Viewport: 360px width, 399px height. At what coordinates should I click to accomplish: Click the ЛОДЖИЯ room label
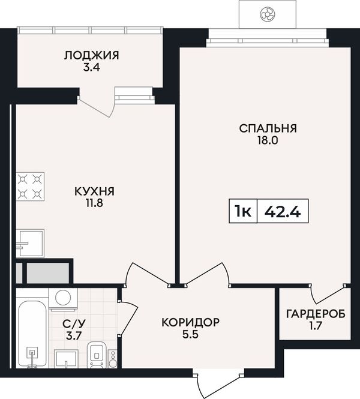[91, 55]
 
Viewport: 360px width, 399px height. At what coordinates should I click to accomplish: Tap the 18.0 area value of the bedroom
[268, 140]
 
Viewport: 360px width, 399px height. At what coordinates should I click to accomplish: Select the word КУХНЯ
[95, 191]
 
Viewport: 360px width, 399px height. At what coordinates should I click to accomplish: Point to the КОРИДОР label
[190, 322]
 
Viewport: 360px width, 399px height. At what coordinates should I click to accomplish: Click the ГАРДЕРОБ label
[316, 314]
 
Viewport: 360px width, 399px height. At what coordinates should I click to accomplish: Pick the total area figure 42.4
[283, 211]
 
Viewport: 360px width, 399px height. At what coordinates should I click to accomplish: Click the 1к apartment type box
[244, 211]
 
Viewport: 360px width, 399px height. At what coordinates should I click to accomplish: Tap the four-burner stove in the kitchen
[30, 187]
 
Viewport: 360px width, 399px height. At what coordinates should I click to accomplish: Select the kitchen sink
[30, 244]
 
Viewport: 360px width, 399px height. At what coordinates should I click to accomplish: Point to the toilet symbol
[97, 355]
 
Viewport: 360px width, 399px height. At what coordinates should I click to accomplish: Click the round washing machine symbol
[63, 298]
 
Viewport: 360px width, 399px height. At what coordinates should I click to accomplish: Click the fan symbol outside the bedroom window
[268, 13]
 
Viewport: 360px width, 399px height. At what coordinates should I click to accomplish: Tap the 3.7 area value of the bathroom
[74, 336]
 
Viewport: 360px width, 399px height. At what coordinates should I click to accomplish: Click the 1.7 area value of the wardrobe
[316, 326]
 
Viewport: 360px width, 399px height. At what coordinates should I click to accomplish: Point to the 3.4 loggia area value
[91, 68]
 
